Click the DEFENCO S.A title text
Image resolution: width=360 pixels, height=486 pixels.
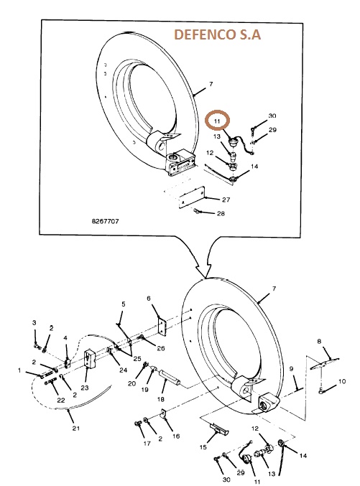[217, 34]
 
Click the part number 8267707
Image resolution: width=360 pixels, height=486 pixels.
[105, 221]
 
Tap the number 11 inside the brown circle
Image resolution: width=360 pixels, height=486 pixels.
[216, 121]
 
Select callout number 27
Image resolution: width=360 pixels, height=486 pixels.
[226, 200]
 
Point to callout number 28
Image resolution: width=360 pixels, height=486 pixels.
[221, 213]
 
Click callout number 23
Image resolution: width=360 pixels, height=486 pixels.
[85, 388]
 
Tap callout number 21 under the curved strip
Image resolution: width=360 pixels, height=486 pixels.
[76, 428]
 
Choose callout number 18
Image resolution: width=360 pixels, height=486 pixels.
[160, 399]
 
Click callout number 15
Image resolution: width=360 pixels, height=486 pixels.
[203, 447]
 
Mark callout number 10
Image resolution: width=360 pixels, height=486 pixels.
[342, 381]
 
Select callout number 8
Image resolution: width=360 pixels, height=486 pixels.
[319, 341]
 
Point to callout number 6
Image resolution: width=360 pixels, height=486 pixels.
[149, 298]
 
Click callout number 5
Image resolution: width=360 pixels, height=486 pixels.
[124, 304]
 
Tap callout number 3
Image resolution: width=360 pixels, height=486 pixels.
[34, 322]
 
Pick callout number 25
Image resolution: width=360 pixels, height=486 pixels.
[137, 359]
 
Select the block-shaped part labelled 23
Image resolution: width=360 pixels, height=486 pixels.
[90, 359]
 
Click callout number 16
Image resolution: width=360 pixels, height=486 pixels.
[176, 436]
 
